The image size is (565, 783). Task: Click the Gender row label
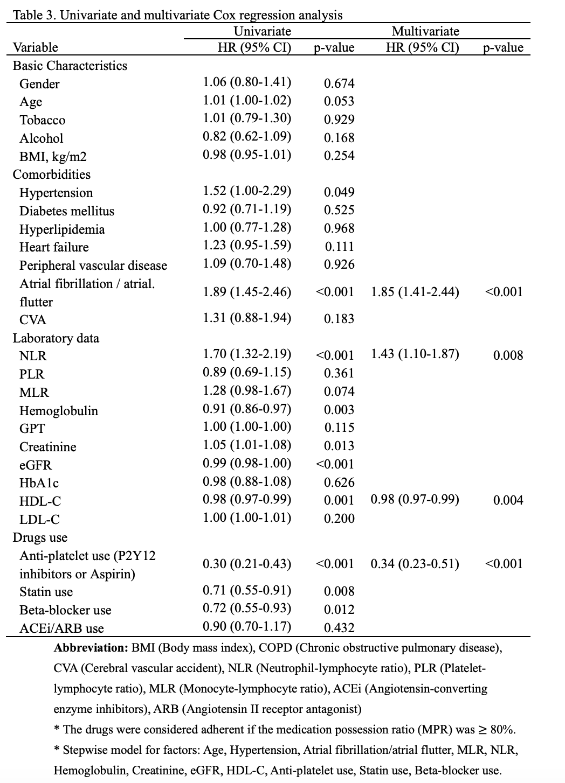pyautogui.click(x=39, y=84)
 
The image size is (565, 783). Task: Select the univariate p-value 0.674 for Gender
pyautogui.click(x=339, y=83)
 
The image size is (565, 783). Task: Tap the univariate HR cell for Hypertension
pyautogui.click(x=247, y=191)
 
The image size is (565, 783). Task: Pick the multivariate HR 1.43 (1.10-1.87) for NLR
pyautogui.click(x=415, y=354)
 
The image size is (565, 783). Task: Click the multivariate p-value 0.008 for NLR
pyautogui.click(x=508, y=355)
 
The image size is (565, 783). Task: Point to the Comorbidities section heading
pyautogui.click(x=52, y=174)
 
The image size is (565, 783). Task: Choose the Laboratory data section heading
pyautogui.click(x=56, y=338)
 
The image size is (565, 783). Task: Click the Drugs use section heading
pyautogui.click(x=40, y=537)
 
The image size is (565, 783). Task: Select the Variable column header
pyautogui.click(x=36, y=47)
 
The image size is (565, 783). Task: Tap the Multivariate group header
pyautogui.click(x=425, y=32)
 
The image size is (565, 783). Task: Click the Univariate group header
pyautogui.click(x=262, y=32)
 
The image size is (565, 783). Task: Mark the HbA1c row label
pyautogui.click(x=39, y=483)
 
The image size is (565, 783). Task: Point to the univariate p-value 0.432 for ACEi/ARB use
pyautogui.click(x=339, y=628)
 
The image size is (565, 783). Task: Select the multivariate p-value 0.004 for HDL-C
pyautogui.click(x=508, y=500)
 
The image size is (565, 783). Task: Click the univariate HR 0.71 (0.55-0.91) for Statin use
pyautogui.click(x=247, y=590)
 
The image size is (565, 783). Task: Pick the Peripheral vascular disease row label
pyautogui.click(x=93, y=265)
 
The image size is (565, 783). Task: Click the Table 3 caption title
pyautogui.click(x=177, y=15)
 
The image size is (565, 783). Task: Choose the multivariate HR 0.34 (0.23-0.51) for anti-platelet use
pyautogui.click(x=415, y=564)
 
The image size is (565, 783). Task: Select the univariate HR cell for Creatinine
pyautogui.click(x=247, y=445)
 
